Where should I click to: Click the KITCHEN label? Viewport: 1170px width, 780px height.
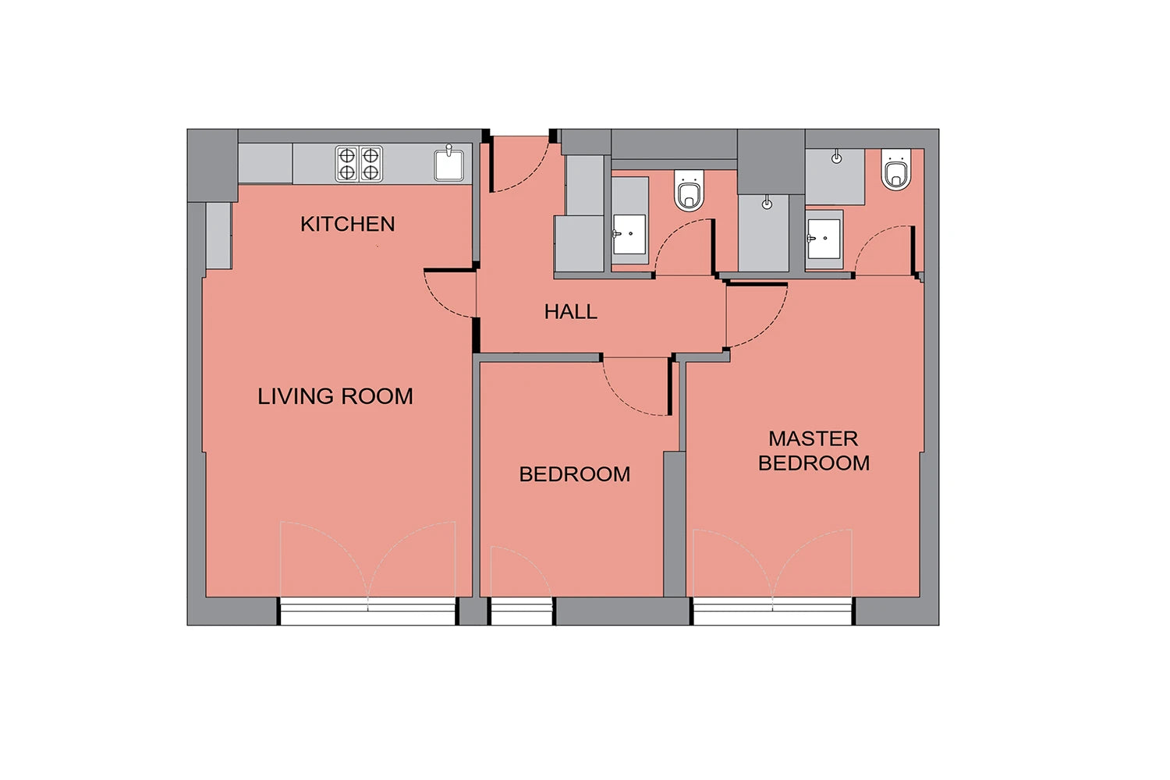coord(347,224)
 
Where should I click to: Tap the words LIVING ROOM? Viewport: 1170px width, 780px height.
coord(335,396)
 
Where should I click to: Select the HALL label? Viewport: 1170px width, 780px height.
coord(570,312)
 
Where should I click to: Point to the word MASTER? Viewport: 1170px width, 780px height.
coord(814,439)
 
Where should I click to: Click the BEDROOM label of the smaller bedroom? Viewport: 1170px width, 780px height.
coord(575,474)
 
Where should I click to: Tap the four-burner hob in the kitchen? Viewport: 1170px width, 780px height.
coord(359,164)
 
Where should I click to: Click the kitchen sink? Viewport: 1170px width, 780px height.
coord(448,165)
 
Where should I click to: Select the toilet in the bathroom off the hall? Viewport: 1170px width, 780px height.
coord(689,190)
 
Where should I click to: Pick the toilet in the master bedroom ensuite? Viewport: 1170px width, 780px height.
coord(895,169)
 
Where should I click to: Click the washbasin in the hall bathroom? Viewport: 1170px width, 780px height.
coord(629,234)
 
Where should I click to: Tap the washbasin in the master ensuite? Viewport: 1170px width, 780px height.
coord(824,239)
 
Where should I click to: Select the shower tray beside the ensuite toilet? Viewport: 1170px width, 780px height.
coord(835,176)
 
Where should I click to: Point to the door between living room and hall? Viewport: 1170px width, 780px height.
coord(450,293)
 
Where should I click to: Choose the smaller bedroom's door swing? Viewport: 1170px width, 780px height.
coord(637,387)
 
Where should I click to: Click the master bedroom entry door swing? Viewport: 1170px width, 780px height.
coord(757,316)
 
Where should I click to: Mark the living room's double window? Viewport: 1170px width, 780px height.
coord(368,611)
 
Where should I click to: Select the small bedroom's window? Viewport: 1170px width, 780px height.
coord(522,611)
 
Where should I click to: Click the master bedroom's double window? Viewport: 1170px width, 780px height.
coord(772,611)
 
